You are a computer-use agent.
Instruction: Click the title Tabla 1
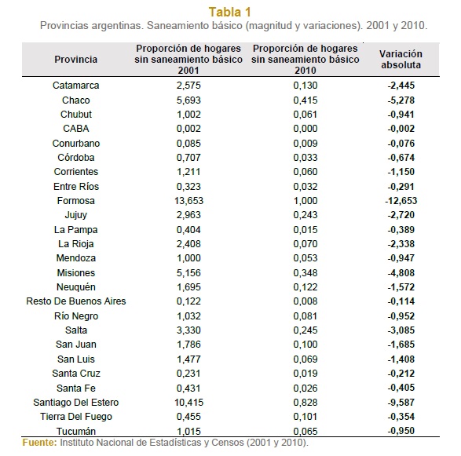(x=229, y=13)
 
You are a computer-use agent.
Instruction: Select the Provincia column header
(x=76, y=60)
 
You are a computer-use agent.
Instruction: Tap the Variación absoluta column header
(x=401, y=60)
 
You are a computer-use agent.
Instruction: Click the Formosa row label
(x=76, y=201)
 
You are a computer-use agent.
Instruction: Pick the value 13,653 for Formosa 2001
(x=188, y=201)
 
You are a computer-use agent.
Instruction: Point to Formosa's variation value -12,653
(x=401, y=201)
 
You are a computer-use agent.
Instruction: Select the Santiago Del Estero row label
(x=76, y=402)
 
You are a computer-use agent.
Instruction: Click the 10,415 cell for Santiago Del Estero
(x=188, y=402)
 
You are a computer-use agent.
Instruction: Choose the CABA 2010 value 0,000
(x=306, y=129)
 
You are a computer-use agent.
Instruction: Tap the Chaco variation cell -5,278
(x=401, y=100)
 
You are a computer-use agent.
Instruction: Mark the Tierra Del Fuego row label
(x=76, y=416)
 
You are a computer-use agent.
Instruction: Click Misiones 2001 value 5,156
(x=188, y=272)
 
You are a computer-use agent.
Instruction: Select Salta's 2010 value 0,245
(x=306, y=330)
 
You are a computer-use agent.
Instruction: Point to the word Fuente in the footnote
(x=40, y=443)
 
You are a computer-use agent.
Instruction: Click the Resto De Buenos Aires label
(x=76, y=301)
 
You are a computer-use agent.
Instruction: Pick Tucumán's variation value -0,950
(x=401, y=431)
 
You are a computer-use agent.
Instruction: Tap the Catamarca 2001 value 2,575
(x=188, y=86)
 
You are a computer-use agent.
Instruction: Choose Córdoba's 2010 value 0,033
(x=306, y=158)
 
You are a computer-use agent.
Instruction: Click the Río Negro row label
(x=76, y=316)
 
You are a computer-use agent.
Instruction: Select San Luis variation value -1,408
(x=401, y=359)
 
